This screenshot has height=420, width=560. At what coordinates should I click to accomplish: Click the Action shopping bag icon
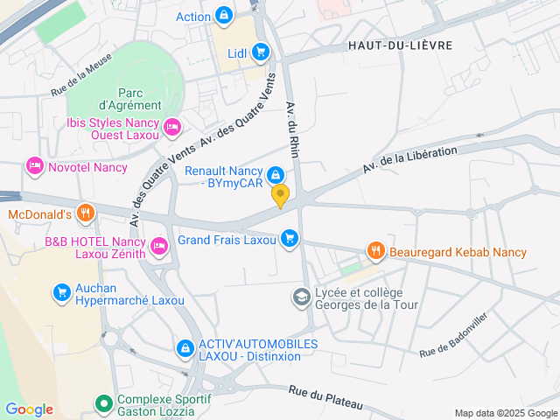225,15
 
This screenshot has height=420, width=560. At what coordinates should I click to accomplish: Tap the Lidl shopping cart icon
260,52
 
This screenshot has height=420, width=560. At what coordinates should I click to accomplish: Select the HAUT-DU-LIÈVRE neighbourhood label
400,45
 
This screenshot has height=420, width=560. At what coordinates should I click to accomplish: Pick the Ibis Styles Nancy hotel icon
172,128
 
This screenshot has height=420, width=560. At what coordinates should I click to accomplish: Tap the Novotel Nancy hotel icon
35,164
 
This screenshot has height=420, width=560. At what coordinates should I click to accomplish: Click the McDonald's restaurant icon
85,212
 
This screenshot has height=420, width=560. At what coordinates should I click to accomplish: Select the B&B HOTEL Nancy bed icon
159,245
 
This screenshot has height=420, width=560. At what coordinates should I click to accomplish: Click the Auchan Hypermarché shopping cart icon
61,292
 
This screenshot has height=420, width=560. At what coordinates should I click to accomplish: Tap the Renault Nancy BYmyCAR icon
276,174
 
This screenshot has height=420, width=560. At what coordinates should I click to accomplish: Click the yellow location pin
280,196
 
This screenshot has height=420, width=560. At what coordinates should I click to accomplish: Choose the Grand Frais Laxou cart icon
290,238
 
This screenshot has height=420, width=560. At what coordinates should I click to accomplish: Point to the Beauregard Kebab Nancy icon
376,251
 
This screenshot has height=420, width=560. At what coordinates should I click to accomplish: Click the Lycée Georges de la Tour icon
301,298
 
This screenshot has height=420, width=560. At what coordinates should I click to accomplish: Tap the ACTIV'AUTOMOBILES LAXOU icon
185,348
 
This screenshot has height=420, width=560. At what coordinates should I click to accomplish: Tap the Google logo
29,409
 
